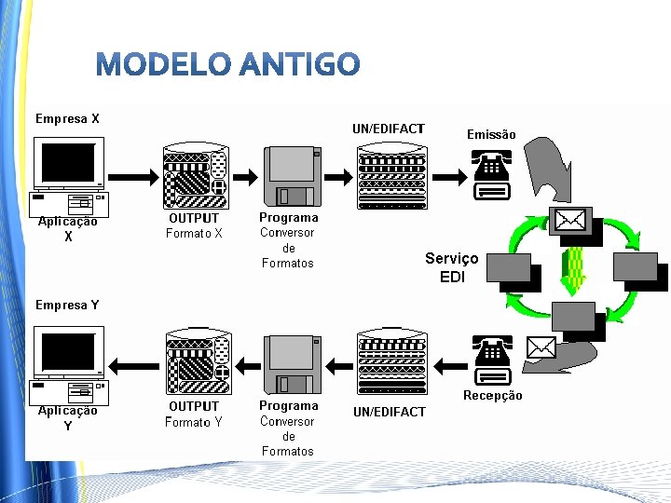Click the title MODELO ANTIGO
pos(227,63)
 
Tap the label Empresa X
pos(67,118)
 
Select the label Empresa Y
pos(67,305)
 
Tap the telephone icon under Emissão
pos(491,175)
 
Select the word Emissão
pos(491,134)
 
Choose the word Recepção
pos(493,396)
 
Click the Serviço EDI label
pos(452,267)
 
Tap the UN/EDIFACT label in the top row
pos(389,129)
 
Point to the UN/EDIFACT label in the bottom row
pos(389,412)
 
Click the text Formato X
pos(194,234)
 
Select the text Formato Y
pos(194,422)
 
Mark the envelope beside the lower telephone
pos(541,347)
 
